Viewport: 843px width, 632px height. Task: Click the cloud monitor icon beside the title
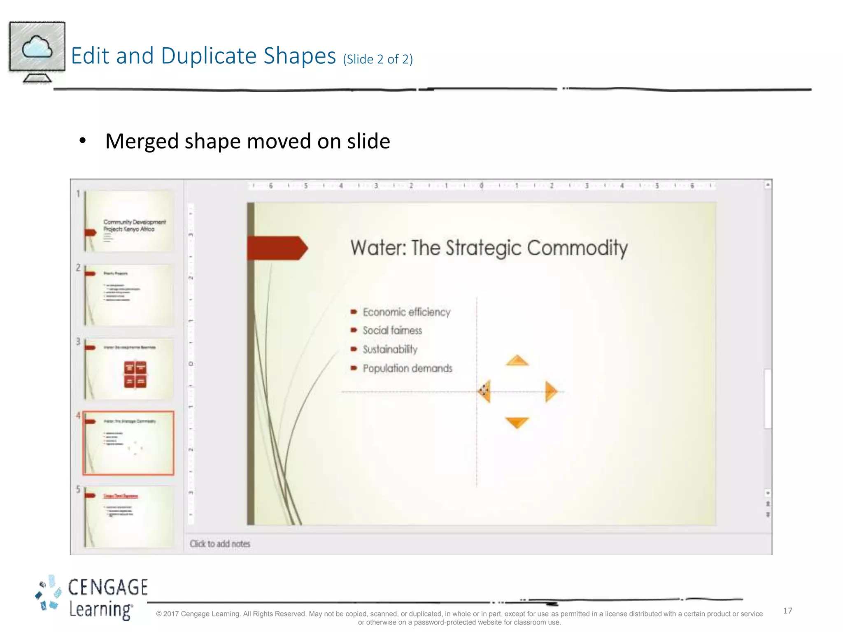pyautogui.click(x=37, y=51)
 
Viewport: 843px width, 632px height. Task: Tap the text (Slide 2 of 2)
pyautogui.click(x=377, y=59)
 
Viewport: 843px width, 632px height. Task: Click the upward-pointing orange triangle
pyautogui.click(x=517, y=361)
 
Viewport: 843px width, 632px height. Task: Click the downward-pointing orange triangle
pyautogui.click(x=517, y=422)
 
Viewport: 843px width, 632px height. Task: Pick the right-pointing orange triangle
pyautogui.click(x=550, y=391)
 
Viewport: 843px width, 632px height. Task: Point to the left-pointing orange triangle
pyautogui.click(x=485, y=391)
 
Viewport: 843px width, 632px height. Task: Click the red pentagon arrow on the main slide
pyautogui.click(x=277, y=248)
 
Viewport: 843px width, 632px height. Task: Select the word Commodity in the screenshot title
pyautogui.click(x=577, y=248)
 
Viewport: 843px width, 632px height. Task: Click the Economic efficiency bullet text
pyautogui.click(x=406, y=312)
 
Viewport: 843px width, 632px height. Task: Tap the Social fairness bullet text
pyautogui.click(x=392, y=330)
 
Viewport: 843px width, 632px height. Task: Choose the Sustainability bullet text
pyautogui.click(x=390, y=349)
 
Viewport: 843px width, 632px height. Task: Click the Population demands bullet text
pyautogui.click(x=407, y=368)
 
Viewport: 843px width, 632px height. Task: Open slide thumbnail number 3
pyautogui.click(x=129, y=369)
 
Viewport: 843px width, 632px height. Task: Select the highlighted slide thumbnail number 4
pyautogui.click(x=128, y=443)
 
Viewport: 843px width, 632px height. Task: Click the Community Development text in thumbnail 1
pyautogui.click(x=134, y=222)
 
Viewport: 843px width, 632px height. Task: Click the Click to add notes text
pyautogui.click(x=220, y=544)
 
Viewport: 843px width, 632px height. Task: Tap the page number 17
pyautogui.click(x=787, y=611)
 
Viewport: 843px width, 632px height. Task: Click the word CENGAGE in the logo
pyautogui.click(x=108, y=587)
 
